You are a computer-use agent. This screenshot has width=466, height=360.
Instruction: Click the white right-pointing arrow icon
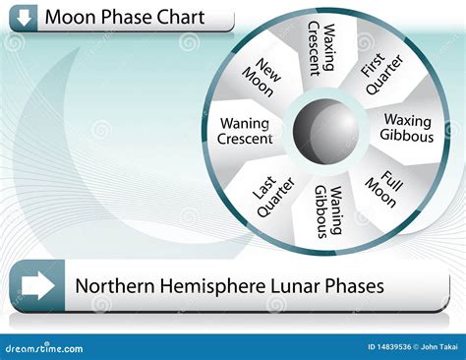pyautogui.click(x=37, y=286)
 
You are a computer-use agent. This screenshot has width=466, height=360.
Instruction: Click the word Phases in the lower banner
pyautogui.click(x=354, y=286)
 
